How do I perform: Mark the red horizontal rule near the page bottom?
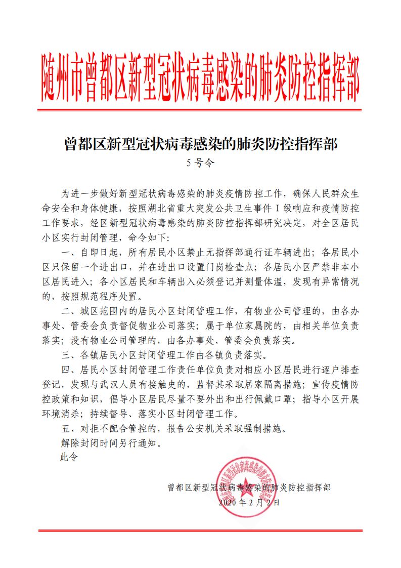point(201,530)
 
